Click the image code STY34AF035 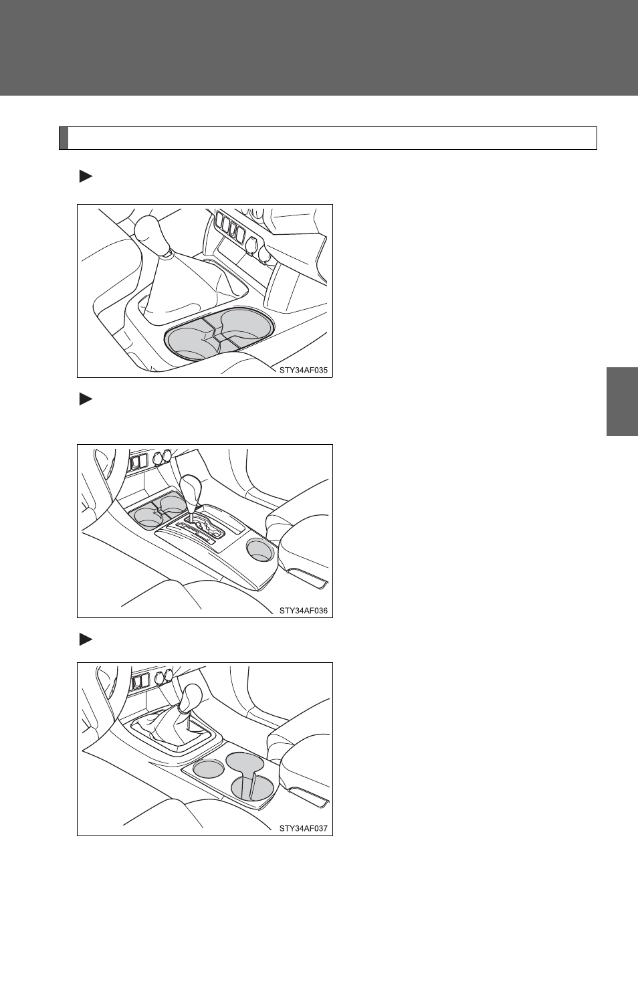pos(303,370)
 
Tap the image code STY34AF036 pos(303,611)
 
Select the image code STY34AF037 pos(303,828)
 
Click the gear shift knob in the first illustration pos(152,233)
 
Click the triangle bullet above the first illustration pos(86,177)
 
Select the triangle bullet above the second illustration pos(86,399)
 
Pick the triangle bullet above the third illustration pos(86,639)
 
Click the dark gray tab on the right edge pos(622,401)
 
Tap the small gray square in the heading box pos(64,138)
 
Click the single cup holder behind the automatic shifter pos(260,551)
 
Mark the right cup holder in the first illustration pos(243,325)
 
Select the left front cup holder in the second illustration pos(147,517)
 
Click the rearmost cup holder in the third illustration pos(252,787)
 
